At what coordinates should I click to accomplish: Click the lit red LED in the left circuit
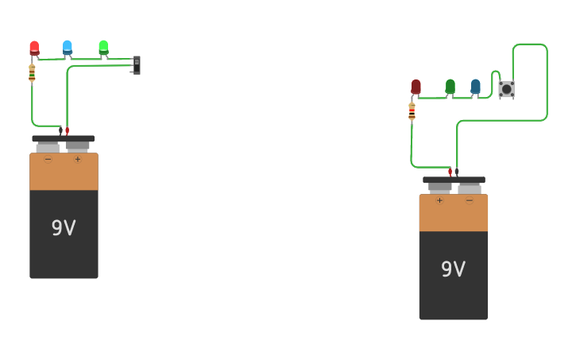coord(34,48)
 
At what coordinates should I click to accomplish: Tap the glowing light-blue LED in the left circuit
coord(68,47)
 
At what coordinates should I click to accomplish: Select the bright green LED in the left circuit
coord(103,47)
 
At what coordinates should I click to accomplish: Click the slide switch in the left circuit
coord(137,65)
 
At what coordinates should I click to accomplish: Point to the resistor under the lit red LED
coord(32,73)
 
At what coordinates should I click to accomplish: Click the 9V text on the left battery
coord(64,228)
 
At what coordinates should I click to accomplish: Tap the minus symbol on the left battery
coord(48,159)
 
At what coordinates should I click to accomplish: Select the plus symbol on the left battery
coord(78,159)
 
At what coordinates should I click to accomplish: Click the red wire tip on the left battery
coord(68,130)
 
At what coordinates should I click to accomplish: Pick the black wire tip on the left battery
coord(60,130)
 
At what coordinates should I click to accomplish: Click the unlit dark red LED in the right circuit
coord(416,86)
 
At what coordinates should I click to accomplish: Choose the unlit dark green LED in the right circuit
coord(450,86)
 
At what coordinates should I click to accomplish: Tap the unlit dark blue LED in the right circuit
coord(475,86)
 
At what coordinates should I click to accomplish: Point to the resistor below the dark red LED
coord(412,111)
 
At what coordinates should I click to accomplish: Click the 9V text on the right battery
coord(453,269)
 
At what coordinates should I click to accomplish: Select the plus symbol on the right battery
coord(439,200)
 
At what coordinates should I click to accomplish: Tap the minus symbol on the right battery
coord(469,200)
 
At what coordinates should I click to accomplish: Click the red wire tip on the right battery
coord(450,172)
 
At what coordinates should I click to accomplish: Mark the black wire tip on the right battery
coord(457,172)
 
